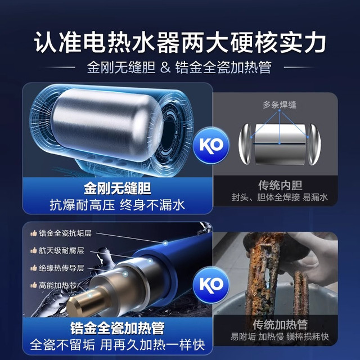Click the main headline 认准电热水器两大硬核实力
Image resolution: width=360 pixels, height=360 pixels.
[x=180, y=43]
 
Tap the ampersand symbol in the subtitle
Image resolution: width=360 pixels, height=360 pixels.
[x=165, y=67]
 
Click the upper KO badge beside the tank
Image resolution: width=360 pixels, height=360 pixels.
[x=211, y=145]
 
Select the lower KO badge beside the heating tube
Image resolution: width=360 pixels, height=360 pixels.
[x=211, y=285]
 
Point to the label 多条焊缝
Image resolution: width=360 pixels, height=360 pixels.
[x=280, y=105]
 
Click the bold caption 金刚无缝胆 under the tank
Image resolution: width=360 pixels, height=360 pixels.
[x=118, y=188]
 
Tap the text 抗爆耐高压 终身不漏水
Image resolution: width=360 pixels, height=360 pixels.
[x=118, y=205]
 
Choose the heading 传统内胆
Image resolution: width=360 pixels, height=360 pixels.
[x=280, y=185]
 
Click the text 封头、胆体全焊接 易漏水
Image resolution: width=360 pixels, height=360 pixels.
[x=280, y=197]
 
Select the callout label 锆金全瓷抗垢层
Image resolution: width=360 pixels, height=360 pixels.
[x=65, y=233]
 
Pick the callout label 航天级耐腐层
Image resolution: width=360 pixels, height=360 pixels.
[x=61, y=250]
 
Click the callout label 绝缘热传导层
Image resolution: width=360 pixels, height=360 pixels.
[x=61, y=268]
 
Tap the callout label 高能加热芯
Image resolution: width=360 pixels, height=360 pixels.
[x=57, y=285]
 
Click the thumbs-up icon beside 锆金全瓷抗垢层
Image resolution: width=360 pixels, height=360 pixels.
[x=34, y=233]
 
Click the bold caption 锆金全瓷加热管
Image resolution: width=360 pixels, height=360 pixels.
[x=118, y=328]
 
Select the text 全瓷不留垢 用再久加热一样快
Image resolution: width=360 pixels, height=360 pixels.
[x=118, y=345]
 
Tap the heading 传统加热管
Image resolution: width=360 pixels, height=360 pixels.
[x=280, y=325]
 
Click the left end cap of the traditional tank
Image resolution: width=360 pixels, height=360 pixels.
[x=245, y=144]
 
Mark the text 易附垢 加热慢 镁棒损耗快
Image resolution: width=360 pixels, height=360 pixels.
[x=280, y=337]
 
